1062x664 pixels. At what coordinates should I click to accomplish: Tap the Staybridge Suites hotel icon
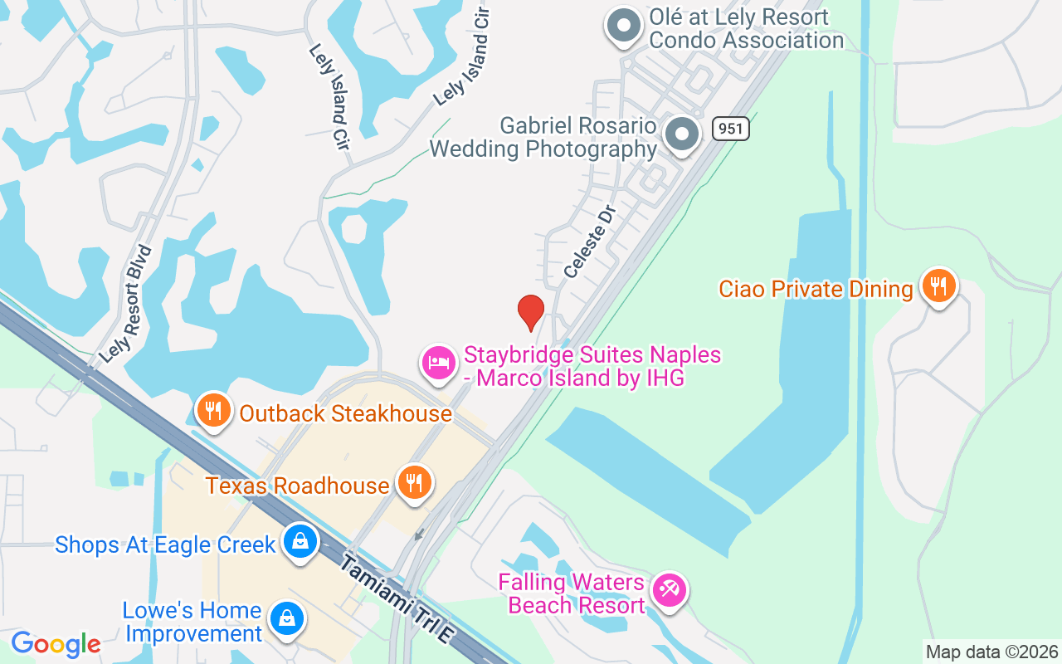tap(439, 363)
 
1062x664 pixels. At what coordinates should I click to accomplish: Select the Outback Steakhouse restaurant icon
tap(214, 410)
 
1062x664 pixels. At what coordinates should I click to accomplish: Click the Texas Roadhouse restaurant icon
tap(413, 482)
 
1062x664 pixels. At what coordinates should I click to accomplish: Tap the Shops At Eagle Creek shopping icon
tap(300, 541)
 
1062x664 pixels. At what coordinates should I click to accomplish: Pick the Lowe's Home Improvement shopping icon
tap(286, 618)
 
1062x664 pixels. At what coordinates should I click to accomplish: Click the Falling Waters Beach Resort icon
tap(668, 590)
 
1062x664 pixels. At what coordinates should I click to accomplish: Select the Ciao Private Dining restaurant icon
tap(938, 286)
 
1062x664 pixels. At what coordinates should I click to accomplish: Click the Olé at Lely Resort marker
tap(623, 26)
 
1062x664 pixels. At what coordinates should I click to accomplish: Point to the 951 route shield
tap(730, 129)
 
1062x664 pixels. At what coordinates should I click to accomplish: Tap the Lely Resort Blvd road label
tap(127, 303)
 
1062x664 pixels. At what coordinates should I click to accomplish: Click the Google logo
tap(56, 644)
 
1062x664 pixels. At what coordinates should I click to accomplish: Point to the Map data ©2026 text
tap(991, 652)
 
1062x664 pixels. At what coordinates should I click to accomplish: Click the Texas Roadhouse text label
tap(298, 485)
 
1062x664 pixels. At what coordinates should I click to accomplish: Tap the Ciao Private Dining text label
tap(816, 289)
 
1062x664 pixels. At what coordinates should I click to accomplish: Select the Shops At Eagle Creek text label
tap(165, 544)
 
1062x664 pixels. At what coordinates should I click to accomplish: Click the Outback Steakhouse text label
tap(345, 413)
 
